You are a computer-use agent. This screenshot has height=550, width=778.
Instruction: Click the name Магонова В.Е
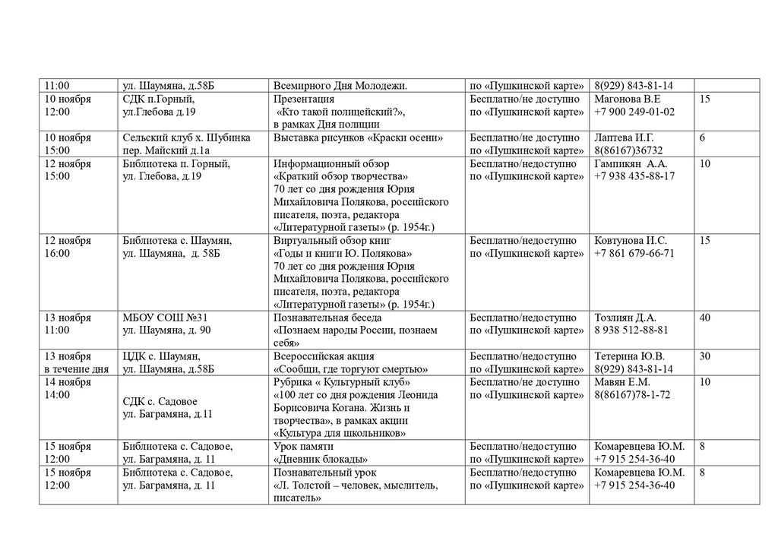click(628, 100)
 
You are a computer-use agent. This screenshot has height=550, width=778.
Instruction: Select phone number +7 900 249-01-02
click(634, 112)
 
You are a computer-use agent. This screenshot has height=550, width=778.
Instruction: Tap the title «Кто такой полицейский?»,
click(341, 112)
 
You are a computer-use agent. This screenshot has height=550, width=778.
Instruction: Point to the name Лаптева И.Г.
click(624, 137)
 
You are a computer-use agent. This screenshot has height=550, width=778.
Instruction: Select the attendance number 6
click(702, 137)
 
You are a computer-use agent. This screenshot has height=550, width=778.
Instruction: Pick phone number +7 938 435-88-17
click(634, 176)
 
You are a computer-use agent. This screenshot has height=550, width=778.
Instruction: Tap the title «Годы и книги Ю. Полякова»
click(343, 254)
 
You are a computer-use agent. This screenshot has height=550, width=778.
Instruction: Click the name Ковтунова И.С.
click(630, 241)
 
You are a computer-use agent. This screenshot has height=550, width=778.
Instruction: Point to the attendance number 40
click(705, 318)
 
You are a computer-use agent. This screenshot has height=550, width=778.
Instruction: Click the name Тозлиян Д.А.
click(625, 318)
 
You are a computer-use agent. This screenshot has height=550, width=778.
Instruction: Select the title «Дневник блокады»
click(320, 460)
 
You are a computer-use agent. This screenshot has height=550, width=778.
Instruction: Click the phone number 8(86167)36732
click(628, 150)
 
